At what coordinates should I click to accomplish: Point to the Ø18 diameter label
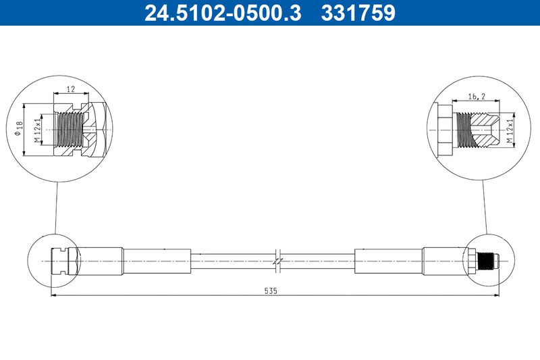pyautogui.click(x=20, y=129)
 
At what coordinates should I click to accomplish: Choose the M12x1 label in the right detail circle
pyautogui.click(x=515, y=129)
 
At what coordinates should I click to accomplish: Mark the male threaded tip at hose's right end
pyautogui.click(x=487, y=260)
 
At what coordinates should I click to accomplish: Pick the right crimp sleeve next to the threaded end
pyautogui.click(x=442, y=260)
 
